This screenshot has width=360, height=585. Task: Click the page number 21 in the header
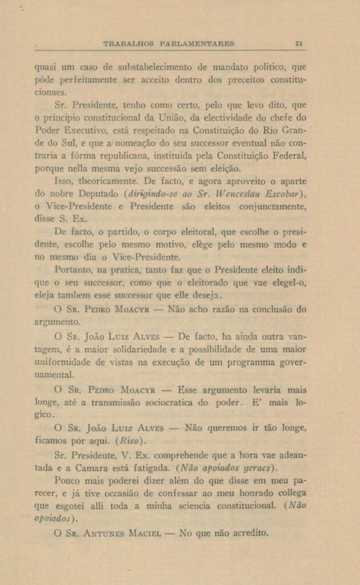coord(299,43)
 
